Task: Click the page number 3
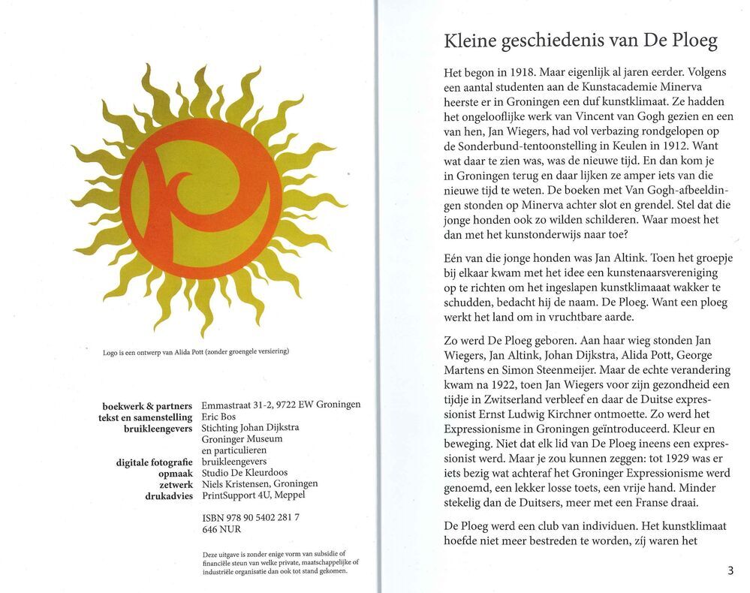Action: point(730,570)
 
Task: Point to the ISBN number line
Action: point(251,518)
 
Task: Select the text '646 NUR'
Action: point(221,529)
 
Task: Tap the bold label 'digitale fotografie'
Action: point(155,462)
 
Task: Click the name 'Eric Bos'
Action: point(219,417)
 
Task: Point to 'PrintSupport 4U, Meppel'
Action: point(254,495)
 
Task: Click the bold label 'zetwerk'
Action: point(176,484)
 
